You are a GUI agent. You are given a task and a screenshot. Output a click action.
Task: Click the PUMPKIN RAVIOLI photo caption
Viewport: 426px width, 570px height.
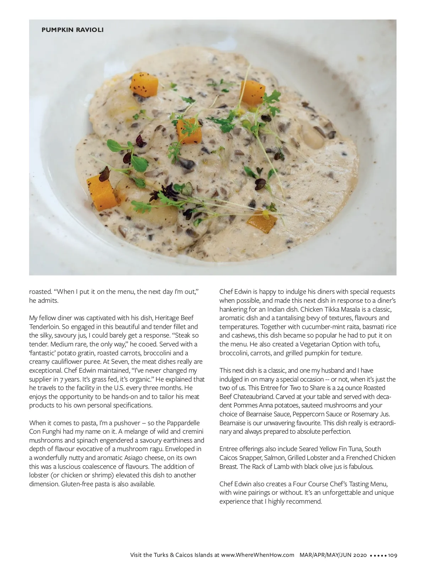72,30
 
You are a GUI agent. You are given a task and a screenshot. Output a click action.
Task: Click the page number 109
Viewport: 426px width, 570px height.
392,555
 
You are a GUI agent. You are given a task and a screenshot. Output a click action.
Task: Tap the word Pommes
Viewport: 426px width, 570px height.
245,405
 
